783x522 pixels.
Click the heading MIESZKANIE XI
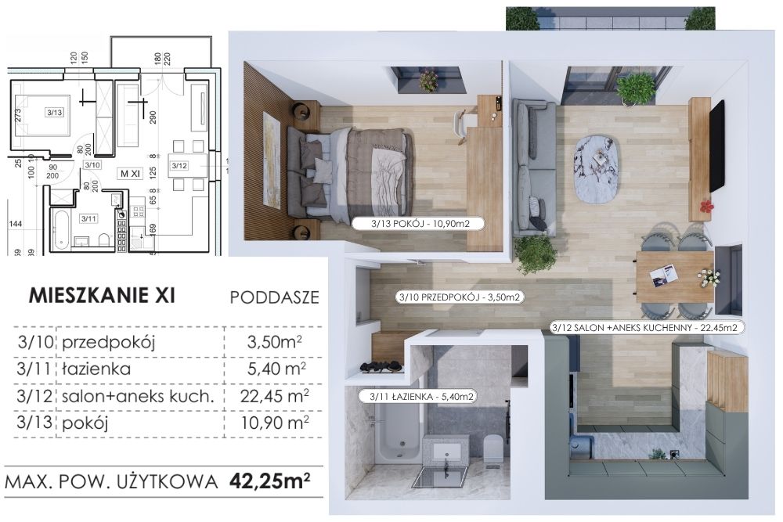[x=102, y=295]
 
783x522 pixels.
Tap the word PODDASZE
[x=274, y=297]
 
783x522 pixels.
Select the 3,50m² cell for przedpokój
[x=274, y=342]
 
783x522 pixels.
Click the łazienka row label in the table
[x=96, y=369]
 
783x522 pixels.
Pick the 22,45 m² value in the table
[x=274, y=396]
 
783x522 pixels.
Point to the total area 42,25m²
[x=269, y=481]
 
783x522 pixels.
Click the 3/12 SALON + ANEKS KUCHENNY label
[x=644, y=328]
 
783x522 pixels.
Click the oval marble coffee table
[x=597, y=169]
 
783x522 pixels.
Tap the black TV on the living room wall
[x=717, y=146]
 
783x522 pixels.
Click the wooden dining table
[x=675, y=277]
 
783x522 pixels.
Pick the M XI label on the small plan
[x=130, y=174]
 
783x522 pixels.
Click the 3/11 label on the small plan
[x=88, y=218]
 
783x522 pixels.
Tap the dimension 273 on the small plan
[x=18, y=115]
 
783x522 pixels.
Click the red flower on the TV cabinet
[x=705, y=206]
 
